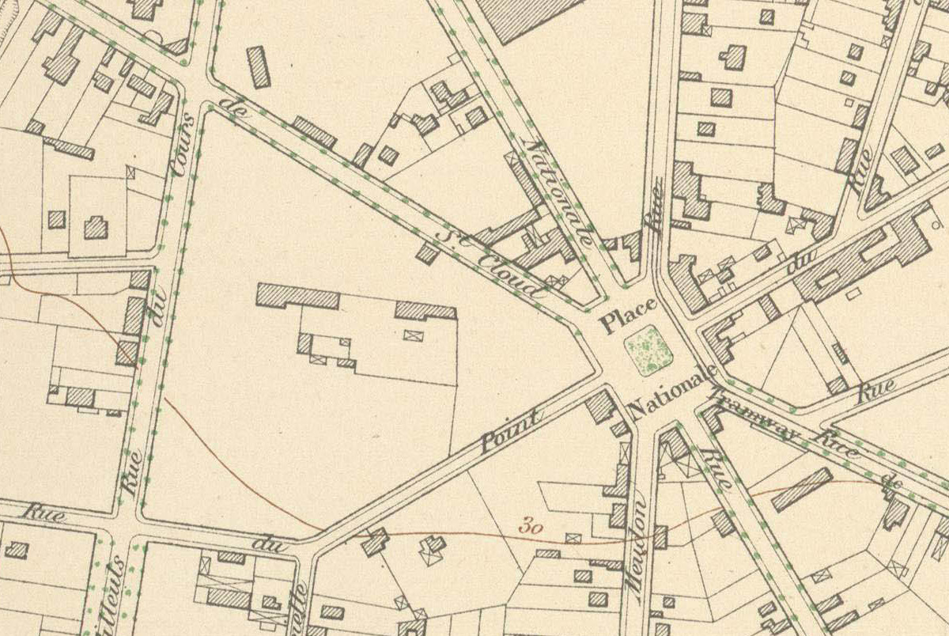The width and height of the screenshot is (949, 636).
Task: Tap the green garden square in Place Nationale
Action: tap(648, 349)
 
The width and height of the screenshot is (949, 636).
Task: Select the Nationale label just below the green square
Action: tap(672, 393)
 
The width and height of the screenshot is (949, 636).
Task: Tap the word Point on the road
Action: tap(510, 430)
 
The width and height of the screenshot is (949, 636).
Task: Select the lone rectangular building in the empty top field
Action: tap(258, 66)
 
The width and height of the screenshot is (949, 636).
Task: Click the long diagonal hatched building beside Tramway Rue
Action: tap(802, 489)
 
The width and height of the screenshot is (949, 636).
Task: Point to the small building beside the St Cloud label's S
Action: tap(427, 253)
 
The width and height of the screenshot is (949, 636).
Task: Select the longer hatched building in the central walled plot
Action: tap(298, 296)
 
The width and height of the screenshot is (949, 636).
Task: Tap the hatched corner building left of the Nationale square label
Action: tap(601, 407)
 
